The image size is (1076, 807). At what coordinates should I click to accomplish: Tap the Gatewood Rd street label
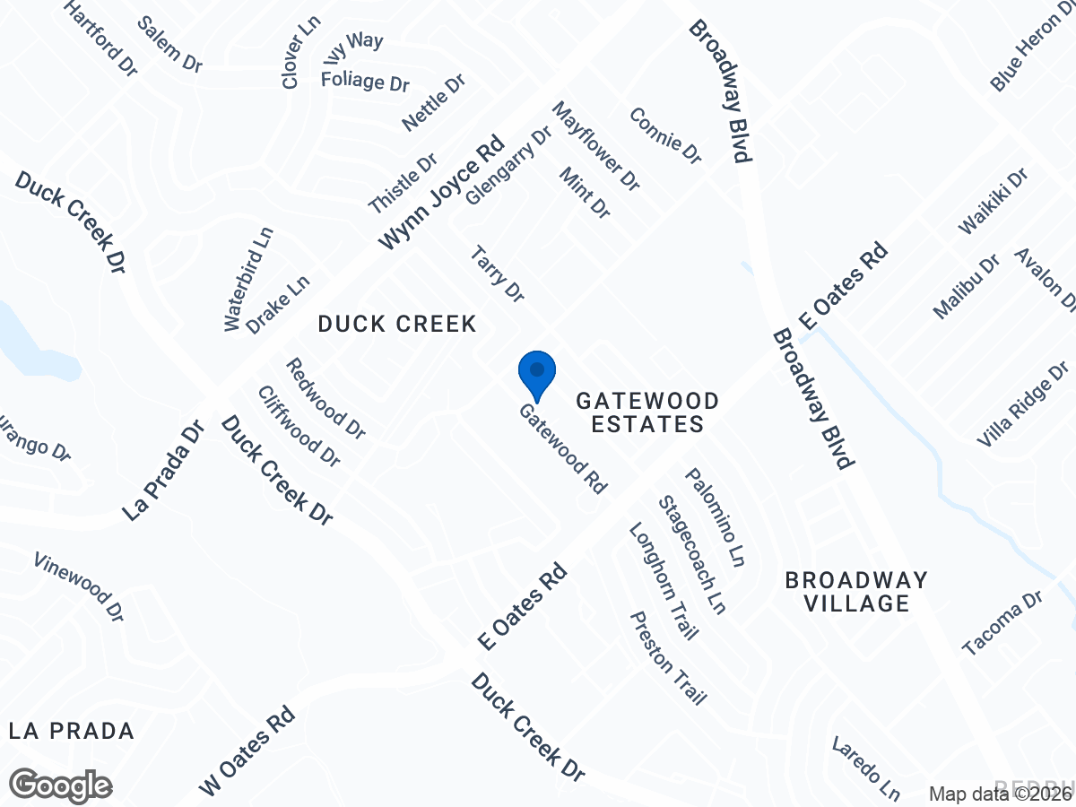(563, 448)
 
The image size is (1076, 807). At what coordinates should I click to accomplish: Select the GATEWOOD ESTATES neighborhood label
(647, 412)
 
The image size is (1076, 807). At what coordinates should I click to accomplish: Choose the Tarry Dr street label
(497, 274)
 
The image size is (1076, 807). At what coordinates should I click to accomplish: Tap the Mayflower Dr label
(596, 146)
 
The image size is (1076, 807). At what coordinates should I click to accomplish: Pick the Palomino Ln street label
(716, 517)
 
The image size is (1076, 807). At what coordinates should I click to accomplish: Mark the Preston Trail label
(669, 658)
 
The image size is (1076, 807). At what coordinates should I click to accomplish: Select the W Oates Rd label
(247, 751)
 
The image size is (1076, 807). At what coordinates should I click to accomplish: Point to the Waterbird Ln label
(248, 279)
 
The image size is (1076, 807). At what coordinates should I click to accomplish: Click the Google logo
(61, 785)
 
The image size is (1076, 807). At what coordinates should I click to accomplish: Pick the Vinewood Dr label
(79, 587)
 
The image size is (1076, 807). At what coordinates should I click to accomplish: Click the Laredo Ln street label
(865, 768)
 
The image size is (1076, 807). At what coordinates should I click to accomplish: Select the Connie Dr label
(664, 135)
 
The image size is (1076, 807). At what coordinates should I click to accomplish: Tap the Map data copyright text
(1000, 794)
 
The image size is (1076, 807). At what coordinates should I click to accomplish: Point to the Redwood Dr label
(326, 398)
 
